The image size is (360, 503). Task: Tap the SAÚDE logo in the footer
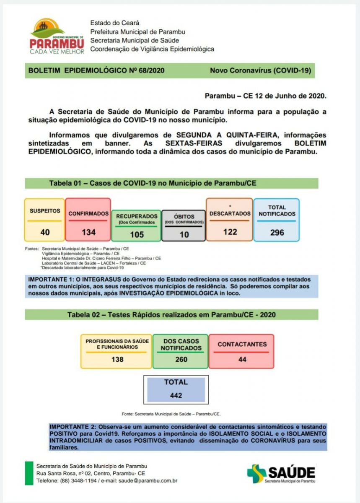(x=281, y=473)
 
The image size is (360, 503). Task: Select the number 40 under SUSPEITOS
(x=45, y=232)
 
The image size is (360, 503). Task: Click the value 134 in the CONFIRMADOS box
(x=88, y=232)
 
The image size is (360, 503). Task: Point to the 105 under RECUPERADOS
(x=137, y=234)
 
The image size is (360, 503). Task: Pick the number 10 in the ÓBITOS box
(x=184, y=234)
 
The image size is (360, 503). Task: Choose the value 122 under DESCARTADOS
(x=230, y=231)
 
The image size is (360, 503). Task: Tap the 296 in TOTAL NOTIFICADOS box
(x=277, y=232)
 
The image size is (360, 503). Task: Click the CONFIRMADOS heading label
(x=88, y=213)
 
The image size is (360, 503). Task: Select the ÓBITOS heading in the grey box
(x=184, y=216)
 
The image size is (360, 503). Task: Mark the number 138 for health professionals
(x=117, y=359)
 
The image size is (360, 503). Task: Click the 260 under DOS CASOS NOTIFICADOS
(x=181, y=359)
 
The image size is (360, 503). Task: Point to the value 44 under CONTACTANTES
(x=242, y=359)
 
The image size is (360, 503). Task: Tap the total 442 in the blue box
(x=176, y=395)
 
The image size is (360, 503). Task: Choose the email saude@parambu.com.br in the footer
(x=148, y=481)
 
